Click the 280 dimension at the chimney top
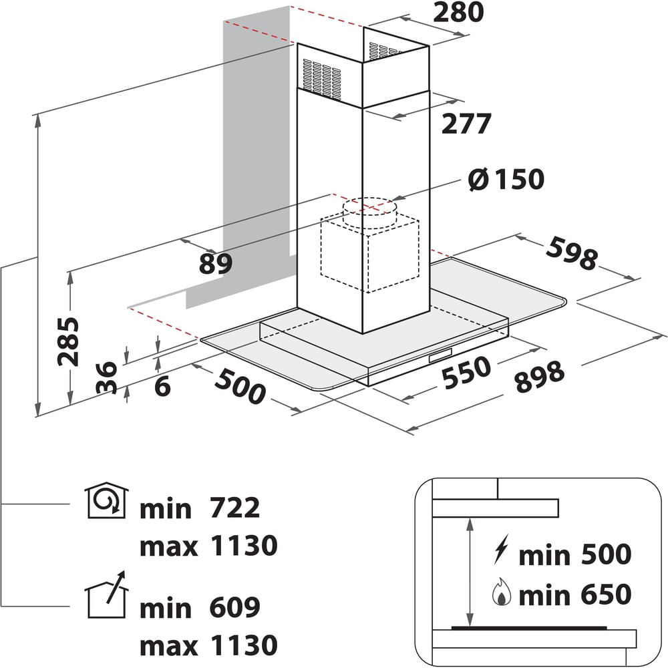point(458,12)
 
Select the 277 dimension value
point(466,124)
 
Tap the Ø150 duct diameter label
point(506,179)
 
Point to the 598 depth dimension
point(572,253)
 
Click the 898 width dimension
point(540,376)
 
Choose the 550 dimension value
point(466,373)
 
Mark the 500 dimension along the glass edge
point(240,386)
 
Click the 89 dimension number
point(216,263)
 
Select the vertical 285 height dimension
point(68,341)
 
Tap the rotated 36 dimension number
point(106,377)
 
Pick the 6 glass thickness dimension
point(162,386)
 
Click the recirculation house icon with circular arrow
point(106,500)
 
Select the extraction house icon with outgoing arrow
point(106,595)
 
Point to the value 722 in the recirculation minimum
point(234,508)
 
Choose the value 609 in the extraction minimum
point(234,607)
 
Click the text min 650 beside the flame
point(574,595)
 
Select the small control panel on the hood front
point(440,355)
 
